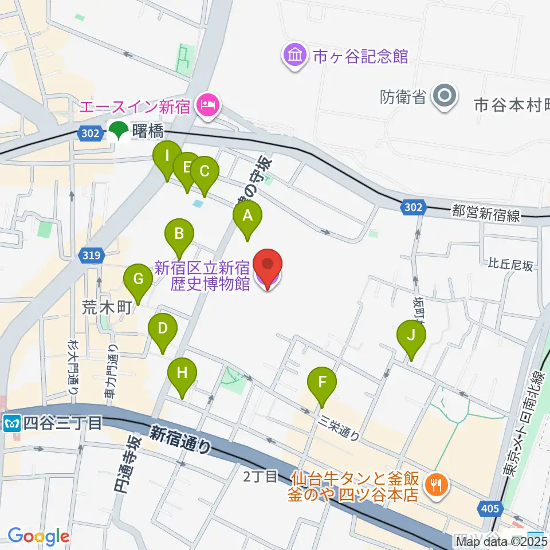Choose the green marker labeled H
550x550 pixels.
(x=182, y=374)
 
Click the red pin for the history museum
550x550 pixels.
(x=268, y=266)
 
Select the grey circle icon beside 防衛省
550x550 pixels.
(x=445, y=96)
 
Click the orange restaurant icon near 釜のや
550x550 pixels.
(x=437, y=485)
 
